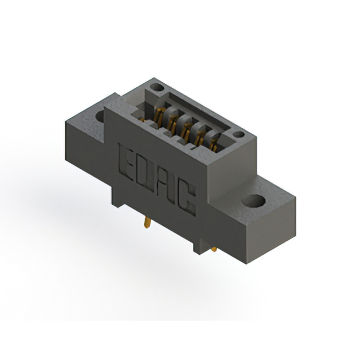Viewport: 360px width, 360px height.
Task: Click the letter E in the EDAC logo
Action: coord(126,163)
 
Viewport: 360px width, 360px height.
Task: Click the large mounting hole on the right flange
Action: coord(254,201)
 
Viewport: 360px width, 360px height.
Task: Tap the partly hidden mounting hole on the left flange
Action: coord(100,116)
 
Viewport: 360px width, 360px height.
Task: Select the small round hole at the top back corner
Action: coord(157,87)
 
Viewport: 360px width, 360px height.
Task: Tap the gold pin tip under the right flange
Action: coord(214,249)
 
